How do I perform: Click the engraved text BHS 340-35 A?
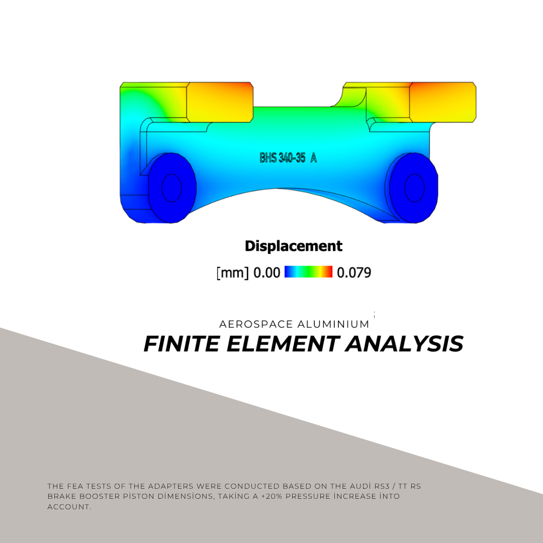coord(288,158)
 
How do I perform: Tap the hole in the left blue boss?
coord(172,188)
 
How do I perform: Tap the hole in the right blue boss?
coord(414,188)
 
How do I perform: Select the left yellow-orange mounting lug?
coord(220,102)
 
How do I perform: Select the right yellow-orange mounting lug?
coord(442,102)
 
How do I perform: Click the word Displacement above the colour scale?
coord(294,246)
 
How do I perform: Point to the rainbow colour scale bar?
coord(309,272)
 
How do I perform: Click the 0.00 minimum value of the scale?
coord(266,273)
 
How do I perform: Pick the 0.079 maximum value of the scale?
coord(354,273)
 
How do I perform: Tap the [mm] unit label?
coord(233,273)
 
